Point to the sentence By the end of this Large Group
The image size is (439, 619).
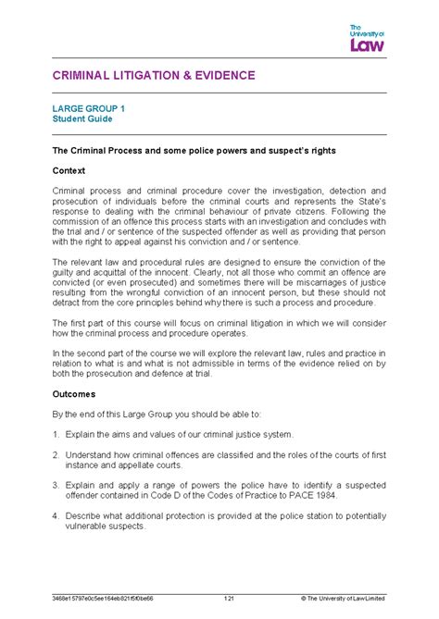[148, 414]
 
